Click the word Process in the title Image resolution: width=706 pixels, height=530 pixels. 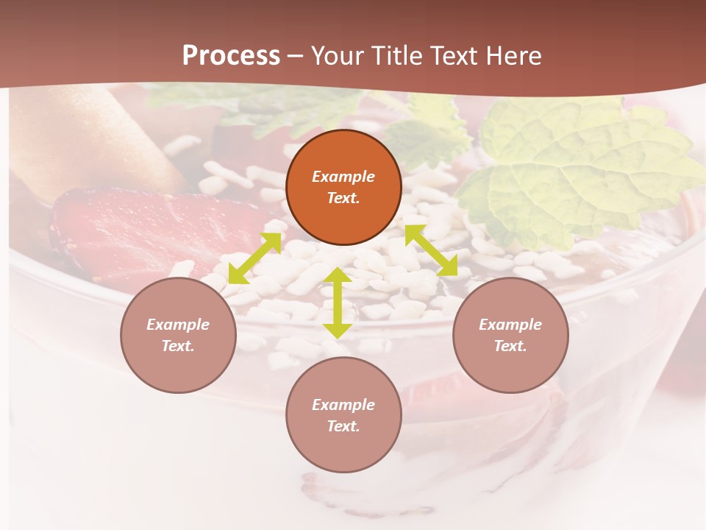coord(231,56)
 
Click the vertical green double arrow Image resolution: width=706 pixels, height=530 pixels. coord(338,303)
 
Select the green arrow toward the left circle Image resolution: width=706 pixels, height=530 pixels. coord(254,258)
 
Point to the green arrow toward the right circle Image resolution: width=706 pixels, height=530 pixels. coord(431,250)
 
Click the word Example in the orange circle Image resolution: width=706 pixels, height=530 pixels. coord(343,177)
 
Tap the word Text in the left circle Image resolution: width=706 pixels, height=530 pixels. coord(177,346)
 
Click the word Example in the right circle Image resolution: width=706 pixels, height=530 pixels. coord(510,325)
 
